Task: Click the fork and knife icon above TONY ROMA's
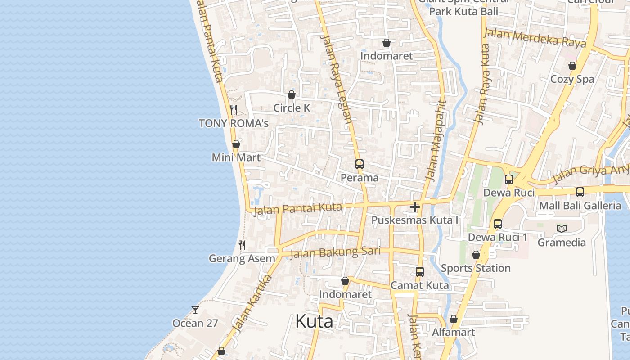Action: [x=234, y=109]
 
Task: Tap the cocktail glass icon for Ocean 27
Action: [x=195, y=310]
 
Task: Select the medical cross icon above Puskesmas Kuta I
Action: [x=415, y=207]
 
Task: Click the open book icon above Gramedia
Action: [x=562, y=229]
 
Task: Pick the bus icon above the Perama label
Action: [x=359, y=164]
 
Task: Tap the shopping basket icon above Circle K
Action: [x=292, y=94]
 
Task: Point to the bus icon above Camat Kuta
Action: [x=419, y=271]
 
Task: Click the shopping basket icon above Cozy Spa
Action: [x=572, y=66]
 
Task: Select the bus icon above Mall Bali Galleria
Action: [x=580, y=192]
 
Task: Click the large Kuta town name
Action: [x=314, y=321]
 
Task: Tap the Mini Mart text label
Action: [x=236, y=158]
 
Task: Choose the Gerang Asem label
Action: [x=242, y=259]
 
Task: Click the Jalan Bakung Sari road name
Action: [x=335, y=252]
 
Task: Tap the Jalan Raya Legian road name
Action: [x=336, y=79]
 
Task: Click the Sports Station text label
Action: [x=476, y=268]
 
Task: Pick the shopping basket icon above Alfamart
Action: [x=454, y=319]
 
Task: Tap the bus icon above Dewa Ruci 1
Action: [x=498, y=224]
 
